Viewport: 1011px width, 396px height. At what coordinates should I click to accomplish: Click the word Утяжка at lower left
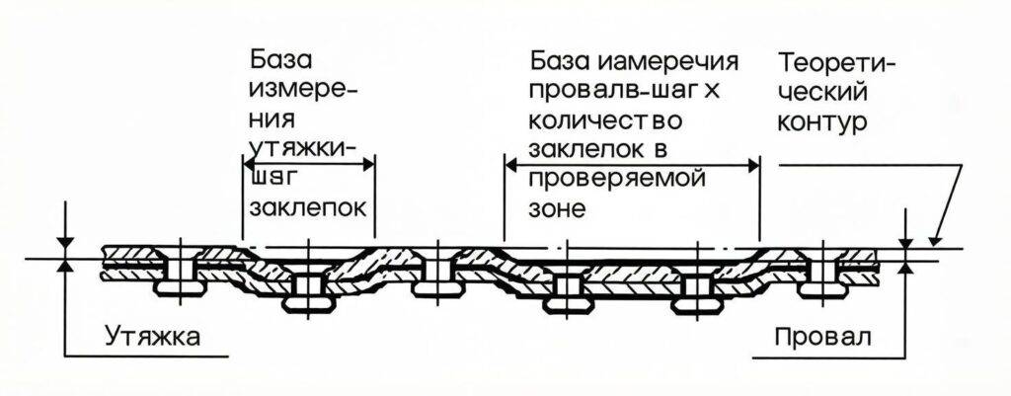(x=153, y=337)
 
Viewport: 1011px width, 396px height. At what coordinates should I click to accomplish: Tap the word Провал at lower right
(x=823, y=337)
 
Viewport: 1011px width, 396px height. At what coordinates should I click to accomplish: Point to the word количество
(x=605, y=121)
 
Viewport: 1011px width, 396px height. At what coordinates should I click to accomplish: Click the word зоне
(x=557, y=209)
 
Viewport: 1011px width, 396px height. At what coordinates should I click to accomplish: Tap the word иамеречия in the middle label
(x=667, y=62)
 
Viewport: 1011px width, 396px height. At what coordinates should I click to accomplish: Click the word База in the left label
(x=281, y=61)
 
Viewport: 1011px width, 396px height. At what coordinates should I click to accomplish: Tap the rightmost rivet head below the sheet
(x=822, y=289)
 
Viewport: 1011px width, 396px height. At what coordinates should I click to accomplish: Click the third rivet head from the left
(x=436, y=288)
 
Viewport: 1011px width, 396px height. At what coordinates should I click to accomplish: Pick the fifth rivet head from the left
(x=694, y=303)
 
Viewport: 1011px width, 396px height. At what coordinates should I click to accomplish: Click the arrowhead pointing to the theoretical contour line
(x=934, y=239)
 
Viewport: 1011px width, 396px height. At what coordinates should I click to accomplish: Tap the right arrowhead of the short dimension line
(x=367, y=164)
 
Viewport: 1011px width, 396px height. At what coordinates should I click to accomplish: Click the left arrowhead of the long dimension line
(x=512, y=165)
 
